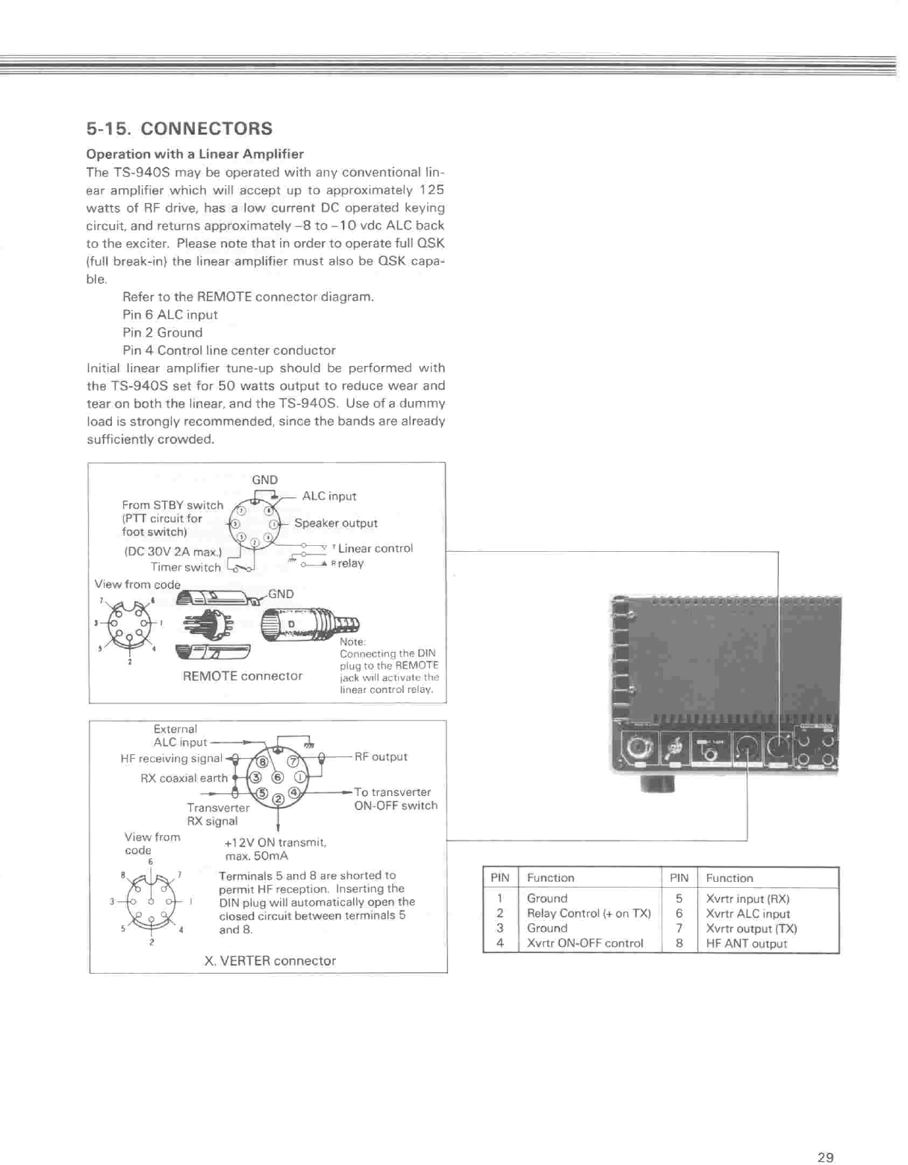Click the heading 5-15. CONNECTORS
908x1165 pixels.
[179, 128]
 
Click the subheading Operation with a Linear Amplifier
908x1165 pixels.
[195, 154]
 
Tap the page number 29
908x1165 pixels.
[824, 1157]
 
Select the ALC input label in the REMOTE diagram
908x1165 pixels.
[329, 496]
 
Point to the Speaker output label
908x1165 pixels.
[335, 523]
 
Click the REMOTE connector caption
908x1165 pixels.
[243, 676]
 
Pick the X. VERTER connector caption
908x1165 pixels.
[270, 960]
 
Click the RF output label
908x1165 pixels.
[381, 757]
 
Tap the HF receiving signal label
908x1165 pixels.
[171, 758]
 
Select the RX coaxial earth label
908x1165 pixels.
[184, 778]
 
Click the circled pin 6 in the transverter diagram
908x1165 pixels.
[278, 777]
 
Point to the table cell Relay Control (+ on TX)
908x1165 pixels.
[588, 913]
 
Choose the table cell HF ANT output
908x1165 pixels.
[746, 943]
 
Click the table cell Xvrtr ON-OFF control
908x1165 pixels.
[585, 943]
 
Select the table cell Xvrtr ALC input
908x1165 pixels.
[747, 913]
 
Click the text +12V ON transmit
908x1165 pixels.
[275, 842]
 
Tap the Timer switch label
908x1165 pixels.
[185, 567]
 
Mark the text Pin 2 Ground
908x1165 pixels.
[162, 332]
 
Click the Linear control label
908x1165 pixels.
[375, 548]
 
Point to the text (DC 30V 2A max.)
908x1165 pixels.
[172, 552]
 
